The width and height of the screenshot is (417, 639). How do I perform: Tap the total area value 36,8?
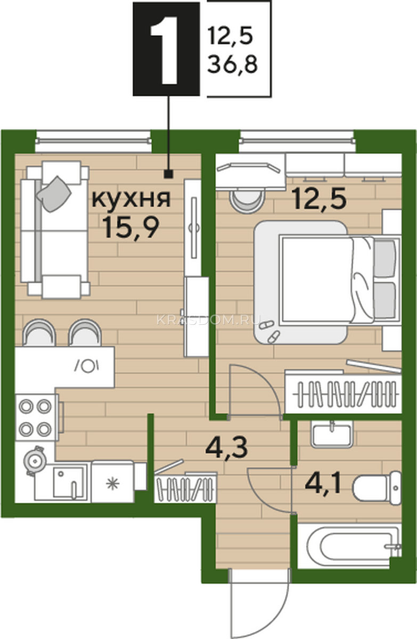[232, 64]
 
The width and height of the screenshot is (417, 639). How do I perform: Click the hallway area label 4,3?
[227, 448]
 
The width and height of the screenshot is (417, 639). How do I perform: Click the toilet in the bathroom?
[377, 488]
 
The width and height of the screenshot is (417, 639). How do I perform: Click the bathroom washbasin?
[332, 434]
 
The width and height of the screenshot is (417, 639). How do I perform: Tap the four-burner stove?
[35, 417]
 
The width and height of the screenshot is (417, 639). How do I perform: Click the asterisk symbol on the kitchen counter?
[112, 484]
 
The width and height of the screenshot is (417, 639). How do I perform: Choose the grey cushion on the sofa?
[54, 194]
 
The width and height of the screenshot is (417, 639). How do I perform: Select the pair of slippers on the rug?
[269, 331]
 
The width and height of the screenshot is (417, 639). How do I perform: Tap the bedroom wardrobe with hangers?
[344, 394]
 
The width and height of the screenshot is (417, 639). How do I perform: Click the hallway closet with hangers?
[185, 488]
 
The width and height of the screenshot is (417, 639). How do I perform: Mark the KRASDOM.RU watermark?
[209, 320]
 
